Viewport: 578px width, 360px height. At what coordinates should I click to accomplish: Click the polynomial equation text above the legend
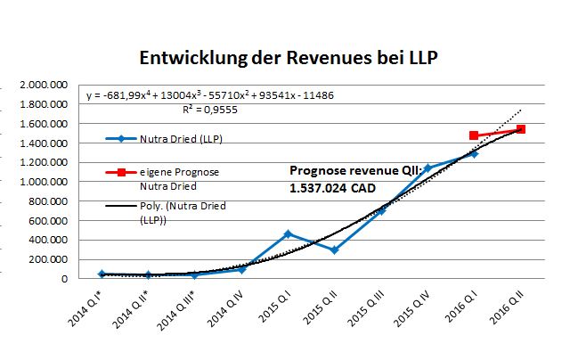tap(209, 95)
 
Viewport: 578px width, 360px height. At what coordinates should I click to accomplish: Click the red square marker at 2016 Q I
tap(474, 135)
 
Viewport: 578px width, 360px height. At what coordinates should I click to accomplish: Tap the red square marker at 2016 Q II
tap(521, 129)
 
